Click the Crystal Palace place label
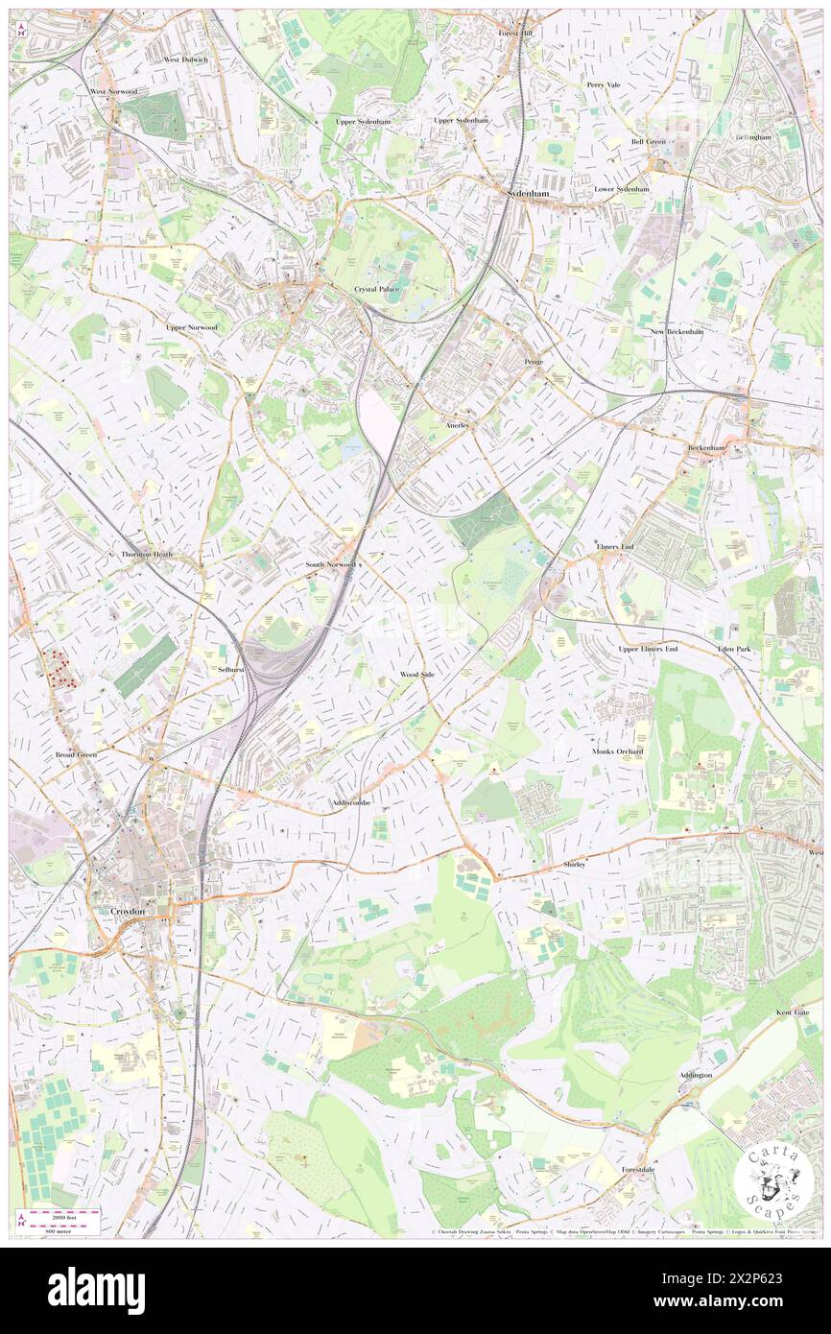click(375, 289)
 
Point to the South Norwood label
click(329, 565)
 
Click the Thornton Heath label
click(147, 555)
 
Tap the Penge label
click(534, 361)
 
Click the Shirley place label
click(574, 865)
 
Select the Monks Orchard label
click(618, 750)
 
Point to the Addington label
click(696, 1075)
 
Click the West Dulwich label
click(185, 60)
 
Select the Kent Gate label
click(793, 1012)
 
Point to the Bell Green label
click(648, 141)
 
